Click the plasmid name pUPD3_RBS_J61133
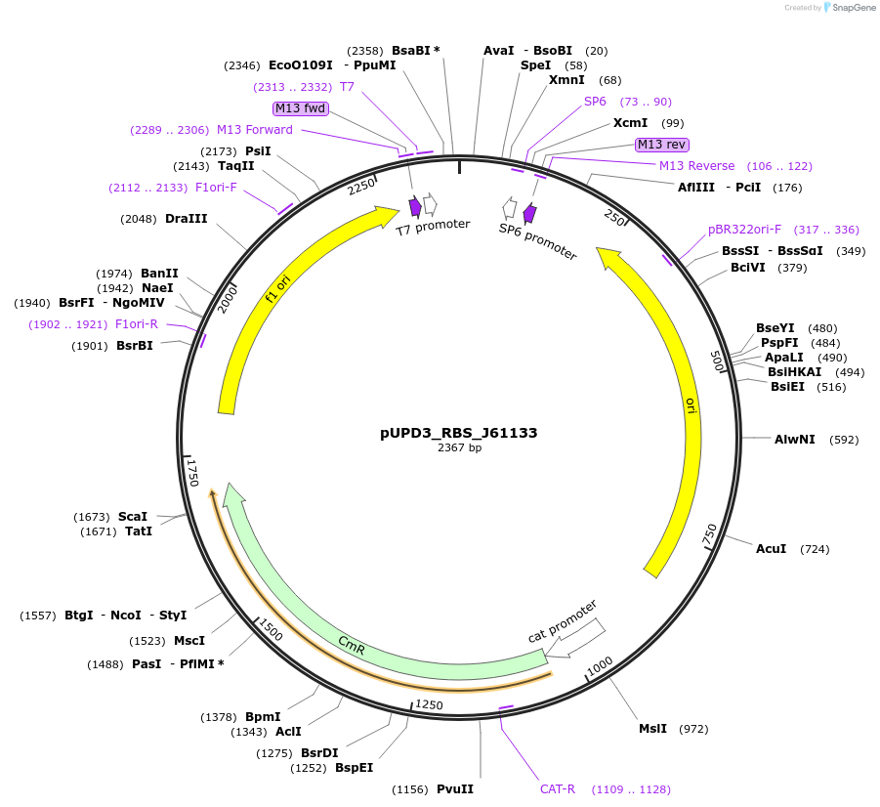click(459, 432)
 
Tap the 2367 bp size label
click(459, 448)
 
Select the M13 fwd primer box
click(301, 108)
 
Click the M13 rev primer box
click(661, 145)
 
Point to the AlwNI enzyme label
click(794, 440)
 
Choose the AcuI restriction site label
click(771, 549)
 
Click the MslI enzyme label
click(652, 729)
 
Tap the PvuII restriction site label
click(454, 789)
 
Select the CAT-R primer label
click(558, 789)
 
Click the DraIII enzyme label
click(186, 219)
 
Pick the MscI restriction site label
click(189, 641)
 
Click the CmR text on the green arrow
click(352, 643)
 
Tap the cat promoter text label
click(562, 621)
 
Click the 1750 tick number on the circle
click(193, 473)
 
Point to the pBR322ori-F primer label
click(744, 230)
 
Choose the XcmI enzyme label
click(630, 123)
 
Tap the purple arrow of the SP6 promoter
click(529, 213)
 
